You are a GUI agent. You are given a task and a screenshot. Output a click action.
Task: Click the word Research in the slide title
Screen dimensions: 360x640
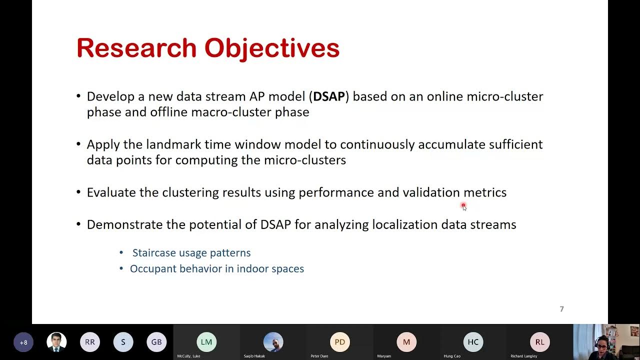(136, 48)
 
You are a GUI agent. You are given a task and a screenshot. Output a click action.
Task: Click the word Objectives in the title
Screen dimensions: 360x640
(272, 48)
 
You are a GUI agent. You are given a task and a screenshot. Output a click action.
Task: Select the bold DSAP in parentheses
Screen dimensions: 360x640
(329, 96)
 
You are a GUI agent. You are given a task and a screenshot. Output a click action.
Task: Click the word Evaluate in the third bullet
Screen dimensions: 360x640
(111, 192)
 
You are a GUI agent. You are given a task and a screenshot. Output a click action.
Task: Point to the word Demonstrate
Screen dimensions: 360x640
(125, 224)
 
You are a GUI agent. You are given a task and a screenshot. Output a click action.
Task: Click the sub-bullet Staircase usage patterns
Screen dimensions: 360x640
(191, 253)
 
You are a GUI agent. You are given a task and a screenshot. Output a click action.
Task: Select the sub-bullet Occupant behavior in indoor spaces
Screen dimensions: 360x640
(216, 269)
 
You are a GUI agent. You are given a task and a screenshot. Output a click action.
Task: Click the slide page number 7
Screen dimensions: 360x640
(561, 309)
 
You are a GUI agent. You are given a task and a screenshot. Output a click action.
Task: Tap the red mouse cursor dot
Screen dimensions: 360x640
(463, 205)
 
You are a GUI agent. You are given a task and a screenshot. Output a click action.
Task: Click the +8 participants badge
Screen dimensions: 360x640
(23, 342)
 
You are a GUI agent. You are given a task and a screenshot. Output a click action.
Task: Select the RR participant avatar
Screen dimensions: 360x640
(90, 342)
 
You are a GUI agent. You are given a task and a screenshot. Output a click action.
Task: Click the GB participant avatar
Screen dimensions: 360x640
(156, 342)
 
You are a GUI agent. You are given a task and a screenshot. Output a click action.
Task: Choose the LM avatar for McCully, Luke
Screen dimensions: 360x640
(206, 342)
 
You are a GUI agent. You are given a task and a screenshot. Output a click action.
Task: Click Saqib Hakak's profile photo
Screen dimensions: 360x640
(273, 342)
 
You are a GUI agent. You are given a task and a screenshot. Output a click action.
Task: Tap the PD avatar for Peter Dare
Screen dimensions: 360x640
(339, 342)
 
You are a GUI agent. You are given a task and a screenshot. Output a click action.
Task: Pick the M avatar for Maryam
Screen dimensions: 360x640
(406, 342)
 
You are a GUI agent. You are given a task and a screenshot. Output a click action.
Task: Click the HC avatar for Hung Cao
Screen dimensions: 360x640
(473, 342)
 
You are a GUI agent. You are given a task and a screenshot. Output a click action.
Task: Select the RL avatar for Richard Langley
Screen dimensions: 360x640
(539, 342)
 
